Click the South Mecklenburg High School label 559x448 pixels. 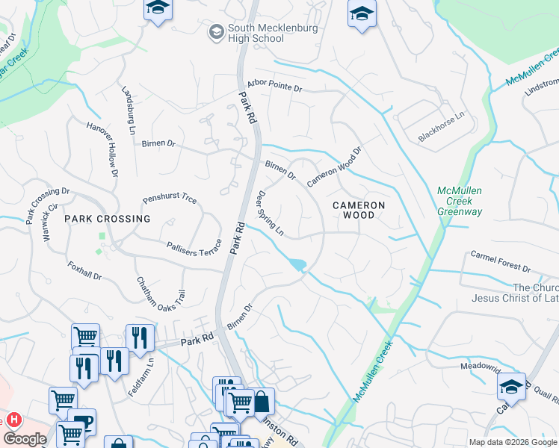click(x=273, y=34)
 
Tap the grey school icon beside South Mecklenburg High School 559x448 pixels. click(x=216, y=31)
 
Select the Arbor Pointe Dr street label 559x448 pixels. click(x=273, y=88)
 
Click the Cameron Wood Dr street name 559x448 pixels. click(x=333, y=166)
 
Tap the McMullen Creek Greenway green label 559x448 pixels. click(x=460, y=202)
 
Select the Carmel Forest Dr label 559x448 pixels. click(x=500, y=262)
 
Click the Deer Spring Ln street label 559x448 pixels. click(x=271, y=214)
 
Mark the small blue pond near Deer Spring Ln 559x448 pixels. click(x=298, y=264)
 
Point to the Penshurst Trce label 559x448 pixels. click(x=170, y=200)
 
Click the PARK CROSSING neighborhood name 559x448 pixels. click(x=107, y=219)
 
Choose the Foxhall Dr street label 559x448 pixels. click(x=84, y=270)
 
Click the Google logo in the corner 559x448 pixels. click(x=25, y=439)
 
